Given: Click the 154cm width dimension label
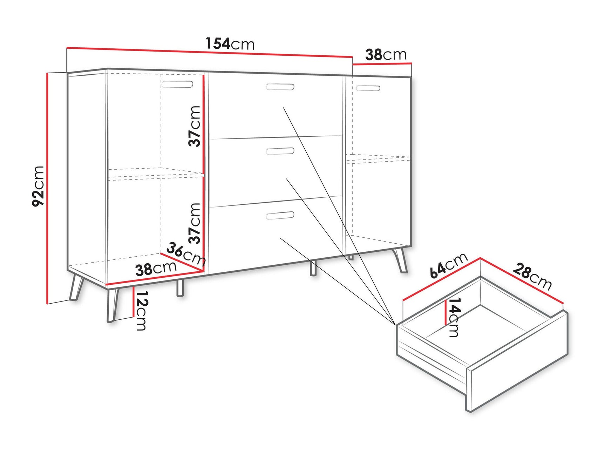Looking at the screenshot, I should (230, 44).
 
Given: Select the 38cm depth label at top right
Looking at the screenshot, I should (386, 55).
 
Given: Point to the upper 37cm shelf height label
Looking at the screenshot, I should (195, 126).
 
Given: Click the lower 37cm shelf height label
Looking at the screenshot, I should (195, 223).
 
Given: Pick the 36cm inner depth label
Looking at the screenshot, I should (185, 254).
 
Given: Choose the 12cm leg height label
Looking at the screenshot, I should (141, 311).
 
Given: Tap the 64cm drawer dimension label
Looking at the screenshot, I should (449, 265).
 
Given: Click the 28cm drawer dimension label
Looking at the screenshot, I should (532, 277).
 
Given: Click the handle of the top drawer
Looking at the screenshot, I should (280, 87).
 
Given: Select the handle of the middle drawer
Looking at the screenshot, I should (280, 151).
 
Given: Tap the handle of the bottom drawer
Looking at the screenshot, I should (280, 216).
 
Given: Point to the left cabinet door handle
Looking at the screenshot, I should (177, 84).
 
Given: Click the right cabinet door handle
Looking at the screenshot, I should (368, 88).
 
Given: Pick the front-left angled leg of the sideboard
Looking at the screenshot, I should (113, 304).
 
